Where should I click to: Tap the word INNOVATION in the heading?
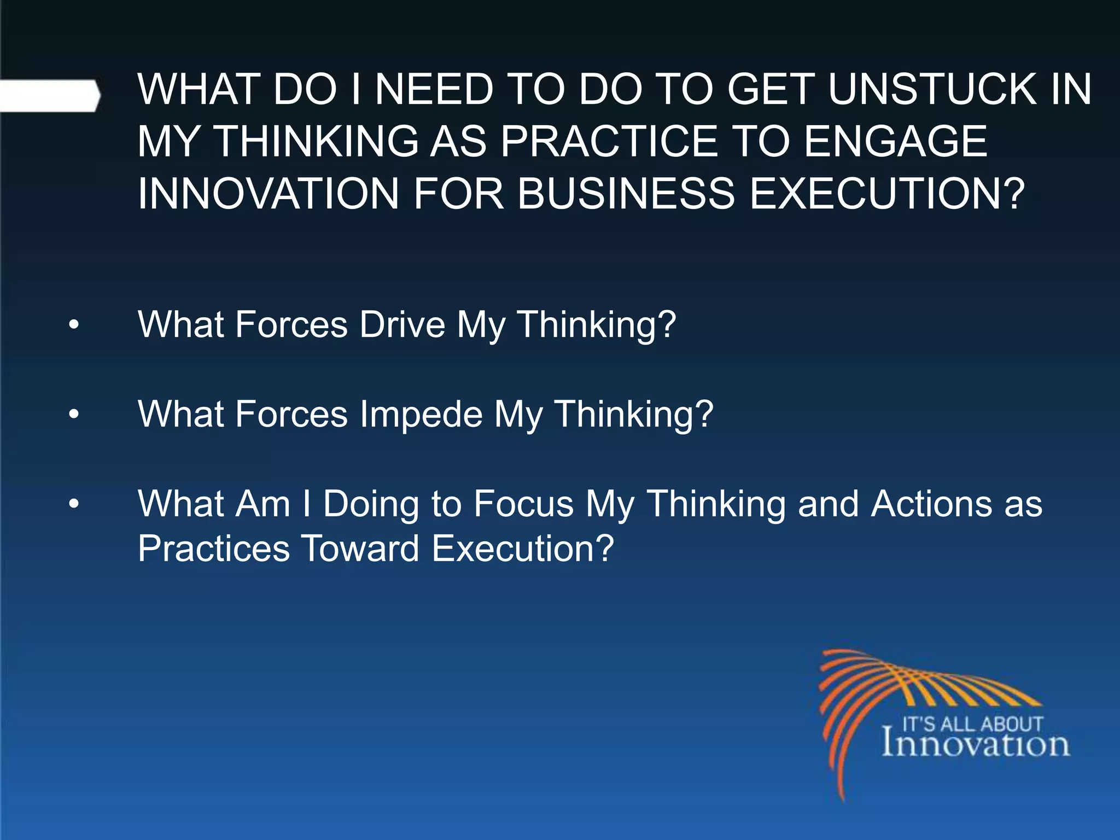click(x=269, y=194)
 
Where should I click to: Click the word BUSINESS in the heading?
click(x=626, y=194)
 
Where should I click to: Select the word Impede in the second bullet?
click(x=421, y=414)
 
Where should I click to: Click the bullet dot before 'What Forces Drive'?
click(x=74, y=326)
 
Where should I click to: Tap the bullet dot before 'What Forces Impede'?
click(x=74, y=415)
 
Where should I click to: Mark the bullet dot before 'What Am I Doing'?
click(x=74, y=504)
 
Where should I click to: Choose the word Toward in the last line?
click(x=360, y=549)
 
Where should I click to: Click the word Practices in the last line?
click(x=214, y=549)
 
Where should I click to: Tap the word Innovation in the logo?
click(x=976, y=744)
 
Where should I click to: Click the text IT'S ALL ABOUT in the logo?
click(x=972, y=724)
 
